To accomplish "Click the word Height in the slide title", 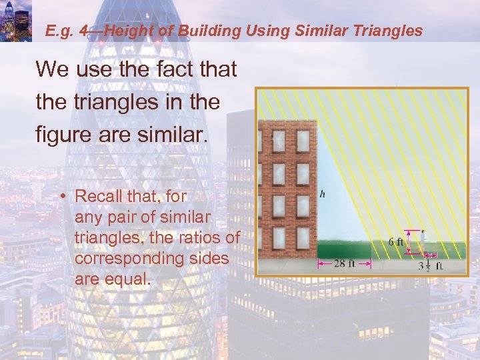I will tap(128, 30).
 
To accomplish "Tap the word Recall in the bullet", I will tap(98, 197).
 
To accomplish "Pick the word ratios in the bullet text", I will tap(197, 237).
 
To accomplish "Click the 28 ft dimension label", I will tap(343, 263).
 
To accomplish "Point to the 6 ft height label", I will tap(396, 242).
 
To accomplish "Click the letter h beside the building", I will tap(323, 195).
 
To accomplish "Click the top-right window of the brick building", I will tap(302, 141).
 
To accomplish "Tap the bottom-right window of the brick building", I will tap(302, 237).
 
